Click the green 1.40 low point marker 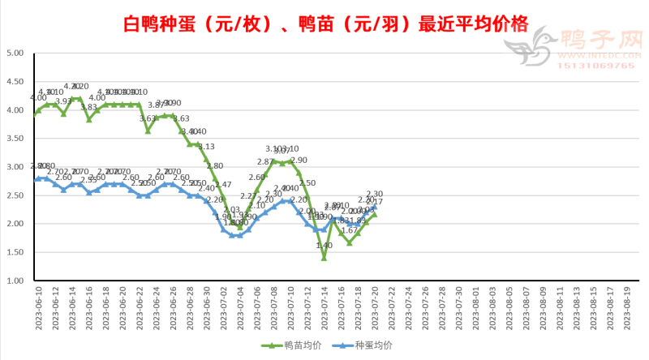[324, 258]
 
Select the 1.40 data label [324, 246]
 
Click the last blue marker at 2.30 [375, 207]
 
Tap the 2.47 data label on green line [223, 186]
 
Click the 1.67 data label [350, 231]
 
